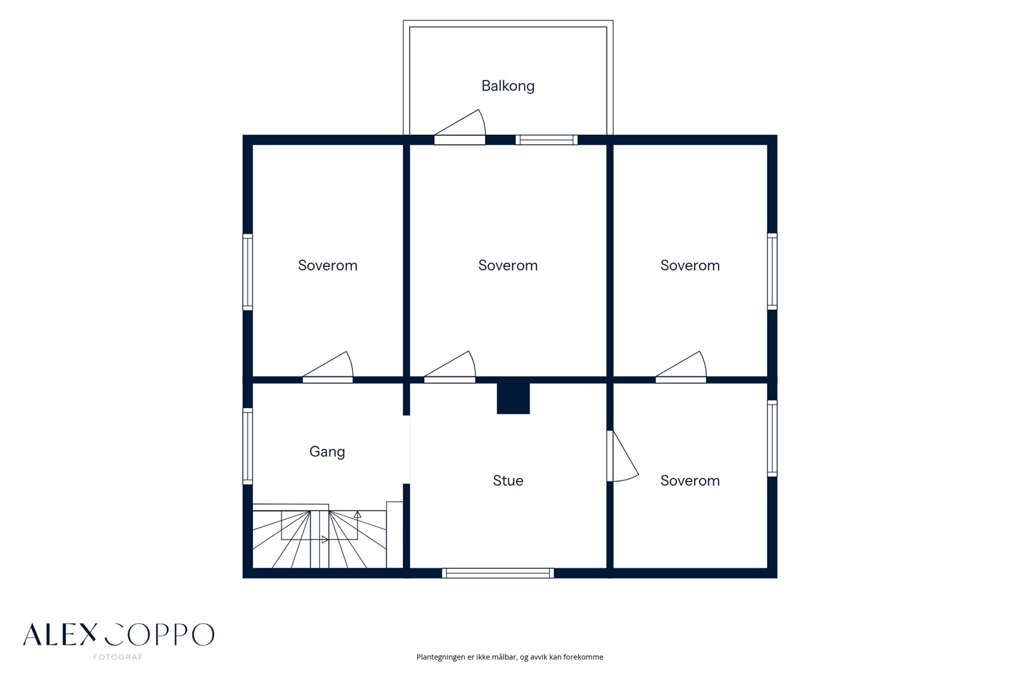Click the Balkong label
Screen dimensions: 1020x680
508,86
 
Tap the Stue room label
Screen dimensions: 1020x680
508,481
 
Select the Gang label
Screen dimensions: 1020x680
327,452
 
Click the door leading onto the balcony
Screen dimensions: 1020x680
460,127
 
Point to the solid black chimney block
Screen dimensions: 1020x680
513,398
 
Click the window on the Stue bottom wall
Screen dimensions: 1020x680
498,573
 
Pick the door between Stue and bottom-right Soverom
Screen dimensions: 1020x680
622,456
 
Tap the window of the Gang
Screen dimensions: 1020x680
248,446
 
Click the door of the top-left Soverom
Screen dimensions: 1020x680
328,368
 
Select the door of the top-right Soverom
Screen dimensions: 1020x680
681,368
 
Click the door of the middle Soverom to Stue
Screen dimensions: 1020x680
449,368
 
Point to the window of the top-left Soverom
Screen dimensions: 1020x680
248,272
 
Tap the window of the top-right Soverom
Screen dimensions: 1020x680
772,271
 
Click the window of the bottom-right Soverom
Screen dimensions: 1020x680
772,438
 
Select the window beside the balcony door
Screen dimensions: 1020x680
546,140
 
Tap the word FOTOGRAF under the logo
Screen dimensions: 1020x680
118,657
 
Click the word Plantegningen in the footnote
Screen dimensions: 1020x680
440,657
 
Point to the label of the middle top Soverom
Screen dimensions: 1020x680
508,265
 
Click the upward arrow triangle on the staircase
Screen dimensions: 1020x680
358,515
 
